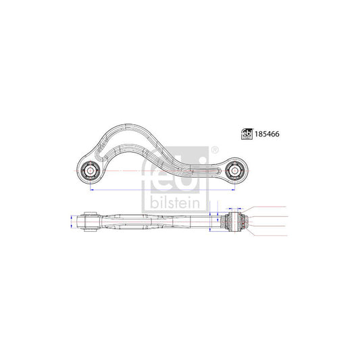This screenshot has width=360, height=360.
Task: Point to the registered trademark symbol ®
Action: [215, 150]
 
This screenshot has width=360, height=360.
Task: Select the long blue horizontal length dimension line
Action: [162, 191]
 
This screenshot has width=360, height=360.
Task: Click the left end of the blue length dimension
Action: [89, 191]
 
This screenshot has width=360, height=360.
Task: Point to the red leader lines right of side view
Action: [267, 220]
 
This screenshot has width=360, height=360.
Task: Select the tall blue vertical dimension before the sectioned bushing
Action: [211, 220]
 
